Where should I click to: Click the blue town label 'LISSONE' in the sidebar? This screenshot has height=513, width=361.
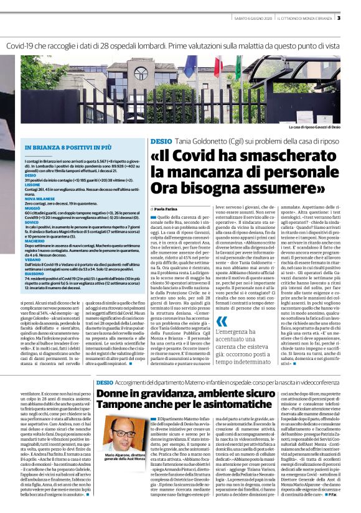click(x=32, y=185)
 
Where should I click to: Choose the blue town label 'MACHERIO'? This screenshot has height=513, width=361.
click(x=34, y=239)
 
